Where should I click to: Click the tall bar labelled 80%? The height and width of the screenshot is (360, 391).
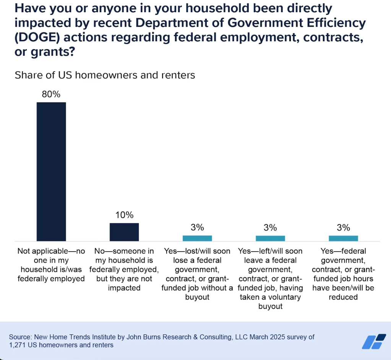51,172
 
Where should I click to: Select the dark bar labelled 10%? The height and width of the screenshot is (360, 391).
124,232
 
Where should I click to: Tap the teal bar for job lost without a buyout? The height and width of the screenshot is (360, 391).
197,238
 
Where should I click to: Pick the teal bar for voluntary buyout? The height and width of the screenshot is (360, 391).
270,238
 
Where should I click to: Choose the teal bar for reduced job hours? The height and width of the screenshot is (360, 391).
343,238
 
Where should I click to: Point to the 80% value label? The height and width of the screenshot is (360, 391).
51,94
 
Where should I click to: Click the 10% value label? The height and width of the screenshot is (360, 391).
124,215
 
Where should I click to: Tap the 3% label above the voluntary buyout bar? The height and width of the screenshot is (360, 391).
270,228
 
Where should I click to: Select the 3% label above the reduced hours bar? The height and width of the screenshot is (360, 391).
343,228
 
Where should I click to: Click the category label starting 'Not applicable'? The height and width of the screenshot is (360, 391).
51,265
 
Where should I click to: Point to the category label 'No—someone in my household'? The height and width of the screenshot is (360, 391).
124,269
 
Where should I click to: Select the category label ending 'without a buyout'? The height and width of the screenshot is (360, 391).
197,274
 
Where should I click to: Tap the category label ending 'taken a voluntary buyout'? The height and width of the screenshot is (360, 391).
270,279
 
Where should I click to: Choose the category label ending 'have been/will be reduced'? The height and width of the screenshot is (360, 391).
343,274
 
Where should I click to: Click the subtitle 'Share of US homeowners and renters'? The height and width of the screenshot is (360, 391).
105,75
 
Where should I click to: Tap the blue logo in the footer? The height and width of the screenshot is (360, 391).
373,341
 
